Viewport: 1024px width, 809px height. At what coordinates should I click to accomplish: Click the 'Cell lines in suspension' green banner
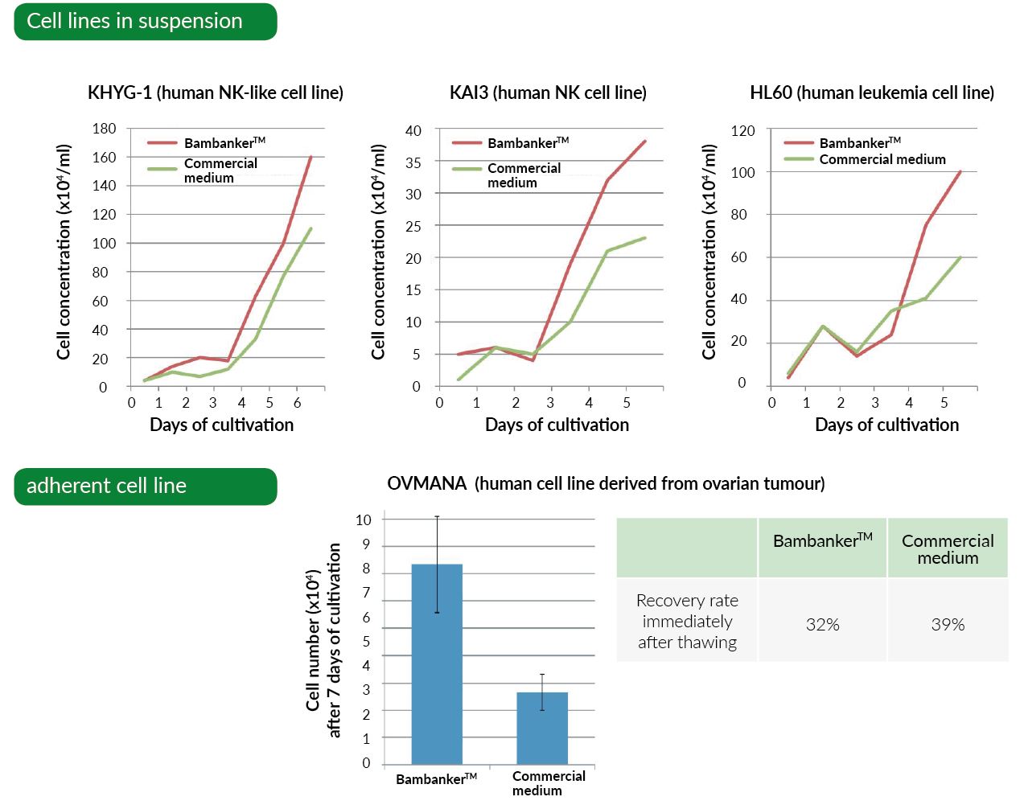coord(145,22)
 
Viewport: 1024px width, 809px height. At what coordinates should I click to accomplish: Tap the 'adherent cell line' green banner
coord(145,487)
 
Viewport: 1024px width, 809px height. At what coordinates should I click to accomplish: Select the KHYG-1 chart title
coord(215,92)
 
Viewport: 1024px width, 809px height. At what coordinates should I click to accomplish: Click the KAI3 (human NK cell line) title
coord(548,92)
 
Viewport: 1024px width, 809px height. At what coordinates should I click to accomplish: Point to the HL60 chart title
coord(871,92)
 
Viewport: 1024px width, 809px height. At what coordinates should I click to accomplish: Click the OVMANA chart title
coord(606,483)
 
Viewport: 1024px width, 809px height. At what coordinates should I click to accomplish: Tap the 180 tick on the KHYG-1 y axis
coord(104,129)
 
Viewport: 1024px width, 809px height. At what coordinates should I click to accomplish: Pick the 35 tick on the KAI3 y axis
coord(413,162)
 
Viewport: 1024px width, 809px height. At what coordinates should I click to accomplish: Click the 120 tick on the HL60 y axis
coord(742,130)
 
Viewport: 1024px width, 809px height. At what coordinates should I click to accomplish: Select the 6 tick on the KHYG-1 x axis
coord(297,403)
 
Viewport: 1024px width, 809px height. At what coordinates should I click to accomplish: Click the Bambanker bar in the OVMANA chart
coord(437,663)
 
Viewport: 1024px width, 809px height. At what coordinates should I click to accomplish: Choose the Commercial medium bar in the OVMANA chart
coord(542,728)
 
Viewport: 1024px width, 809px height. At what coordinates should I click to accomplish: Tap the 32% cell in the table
coord(822,625)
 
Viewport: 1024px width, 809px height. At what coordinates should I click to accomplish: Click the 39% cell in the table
coord(948,625)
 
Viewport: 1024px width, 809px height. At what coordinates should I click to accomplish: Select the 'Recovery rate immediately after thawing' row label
coord(687,621)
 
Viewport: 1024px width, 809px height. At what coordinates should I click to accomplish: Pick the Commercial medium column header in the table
coord(948,549)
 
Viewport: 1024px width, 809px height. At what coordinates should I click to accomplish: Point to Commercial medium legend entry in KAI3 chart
coord(523,175)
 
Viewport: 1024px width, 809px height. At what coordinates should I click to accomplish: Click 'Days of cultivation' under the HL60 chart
coord(886,425)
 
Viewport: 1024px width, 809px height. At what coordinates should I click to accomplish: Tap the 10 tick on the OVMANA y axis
coord(364,520)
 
